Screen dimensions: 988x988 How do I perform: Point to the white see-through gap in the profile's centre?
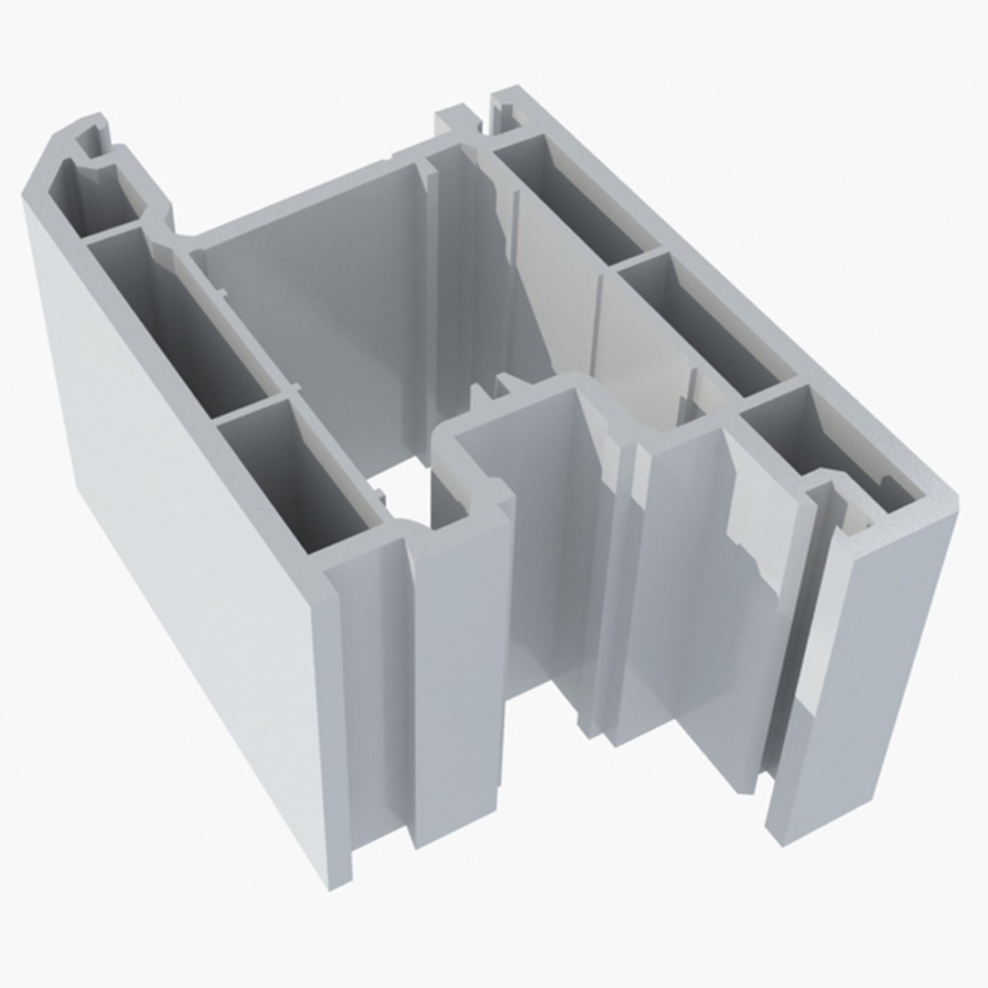pos(403,489)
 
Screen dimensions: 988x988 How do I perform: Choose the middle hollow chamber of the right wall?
pos(695,320)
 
